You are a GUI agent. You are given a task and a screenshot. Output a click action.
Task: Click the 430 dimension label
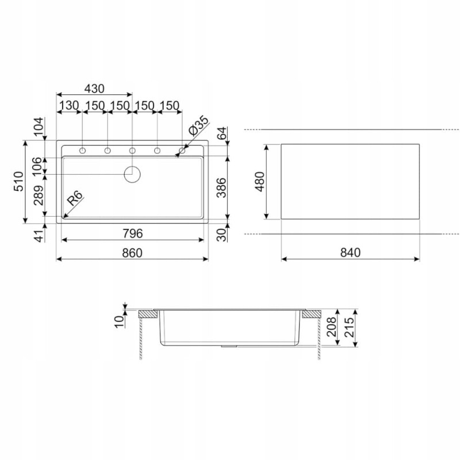click(x=94, y=89)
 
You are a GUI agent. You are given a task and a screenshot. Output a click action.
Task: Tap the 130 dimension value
click(x=69, y=105)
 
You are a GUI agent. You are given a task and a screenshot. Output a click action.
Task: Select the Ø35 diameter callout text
click(x=198, y=125)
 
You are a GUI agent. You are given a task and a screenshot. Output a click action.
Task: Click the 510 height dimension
click(x=18, y=182)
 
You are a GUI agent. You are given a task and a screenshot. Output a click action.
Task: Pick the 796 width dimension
click(x=133, y=233)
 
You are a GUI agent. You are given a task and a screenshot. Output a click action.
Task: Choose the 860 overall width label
click(x=132, y=252)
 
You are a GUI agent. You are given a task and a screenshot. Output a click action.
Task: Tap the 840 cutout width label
click(x=350, y=252)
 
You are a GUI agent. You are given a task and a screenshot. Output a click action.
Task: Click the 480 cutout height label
click(x=260, y=182)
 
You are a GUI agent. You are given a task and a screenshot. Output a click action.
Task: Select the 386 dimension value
click(x=222, y=188)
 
